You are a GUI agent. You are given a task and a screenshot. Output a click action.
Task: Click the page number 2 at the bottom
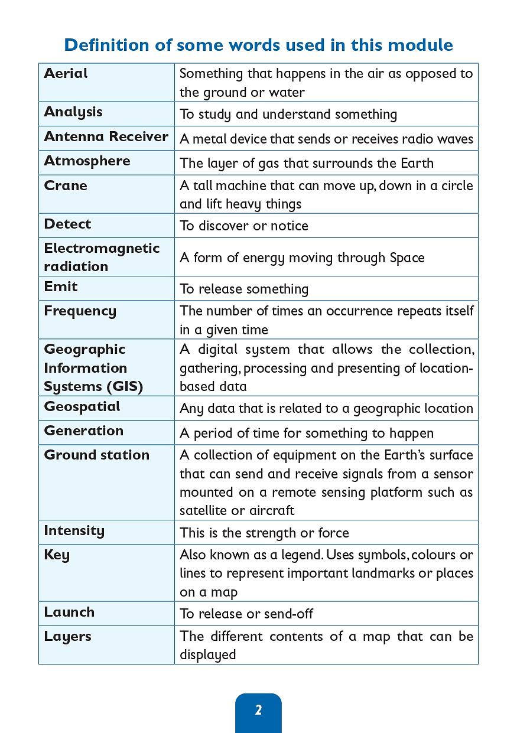pos(258,710)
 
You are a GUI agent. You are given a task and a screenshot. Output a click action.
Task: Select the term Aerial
pos(66,73)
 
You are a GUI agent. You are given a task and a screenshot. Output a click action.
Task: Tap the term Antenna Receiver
pos(106,136)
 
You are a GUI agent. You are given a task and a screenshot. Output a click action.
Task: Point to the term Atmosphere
pos(87,161)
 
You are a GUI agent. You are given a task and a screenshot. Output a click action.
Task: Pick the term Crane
pos(66,185)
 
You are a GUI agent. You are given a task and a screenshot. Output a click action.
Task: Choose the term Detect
pos(67,224)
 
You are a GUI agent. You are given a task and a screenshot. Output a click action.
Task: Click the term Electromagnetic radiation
pos(102,257)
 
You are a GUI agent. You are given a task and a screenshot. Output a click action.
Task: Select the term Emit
pos(61,286)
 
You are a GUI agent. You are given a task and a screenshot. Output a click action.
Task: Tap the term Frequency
pos(80,311)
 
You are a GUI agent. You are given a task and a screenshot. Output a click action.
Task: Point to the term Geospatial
pos(82,406)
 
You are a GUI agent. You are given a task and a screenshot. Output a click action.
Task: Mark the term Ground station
pos(96,455)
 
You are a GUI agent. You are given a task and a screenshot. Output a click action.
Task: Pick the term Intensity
pos(74,530)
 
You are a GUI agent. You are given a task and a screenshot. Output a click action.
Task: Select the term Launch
pos(69,612)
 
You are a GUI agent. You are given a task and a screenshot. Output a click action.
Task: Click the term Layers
pos(67,636)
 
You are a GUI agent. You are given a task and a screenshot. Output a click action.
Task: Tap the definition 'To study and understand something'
pos(288,114)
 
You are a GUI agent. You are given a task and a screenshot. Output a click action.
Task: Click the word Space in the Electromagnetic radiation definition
pos(407,258)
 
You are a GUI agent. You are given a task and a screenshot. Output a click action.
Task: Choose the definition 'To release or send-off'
pos(246,614)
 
